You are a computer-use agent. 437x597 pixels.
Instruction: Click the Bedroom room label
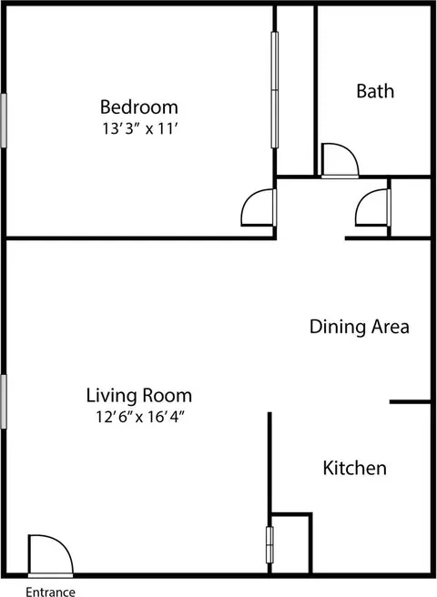pos(139,107)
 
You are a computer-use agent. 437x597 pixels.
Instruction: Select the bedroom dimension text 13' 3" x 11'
pos(140,128)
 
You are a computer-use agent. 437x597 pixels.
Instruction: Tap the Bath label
pos(375,91)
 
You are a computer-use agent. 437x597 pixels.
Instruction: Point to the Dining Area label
pos(360,327)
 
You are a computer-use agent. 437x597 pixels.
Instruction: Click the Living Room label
pos(139,395)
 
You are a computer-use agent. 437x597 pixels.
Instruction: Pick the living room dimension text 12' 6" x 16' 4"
pos(140,417)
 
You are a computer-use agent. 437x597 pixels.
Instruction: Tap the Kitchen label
pos(355,468)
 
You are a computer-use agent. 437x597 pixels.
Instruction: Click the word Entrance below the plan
pos(50,592)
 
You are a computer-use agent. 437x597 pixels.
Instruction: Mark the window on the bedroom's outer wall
pos(4,120)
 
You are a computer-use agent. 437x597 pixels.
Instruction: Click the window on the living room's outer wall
pos(4,401)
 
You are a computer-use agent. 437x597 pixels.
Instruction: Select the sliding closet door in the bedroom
pos(275,90)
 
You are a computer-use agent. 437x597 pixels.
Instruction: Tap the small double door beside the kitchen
pos(269,545)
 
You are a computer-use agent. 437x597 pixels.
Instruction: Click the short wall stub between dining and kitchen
pos(410,401)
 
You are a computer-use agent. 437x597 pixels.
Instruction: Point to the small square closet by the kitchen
pos(290,543)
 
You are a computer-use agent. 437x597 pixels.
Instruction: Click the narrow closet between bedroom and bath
pos(295,91)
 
